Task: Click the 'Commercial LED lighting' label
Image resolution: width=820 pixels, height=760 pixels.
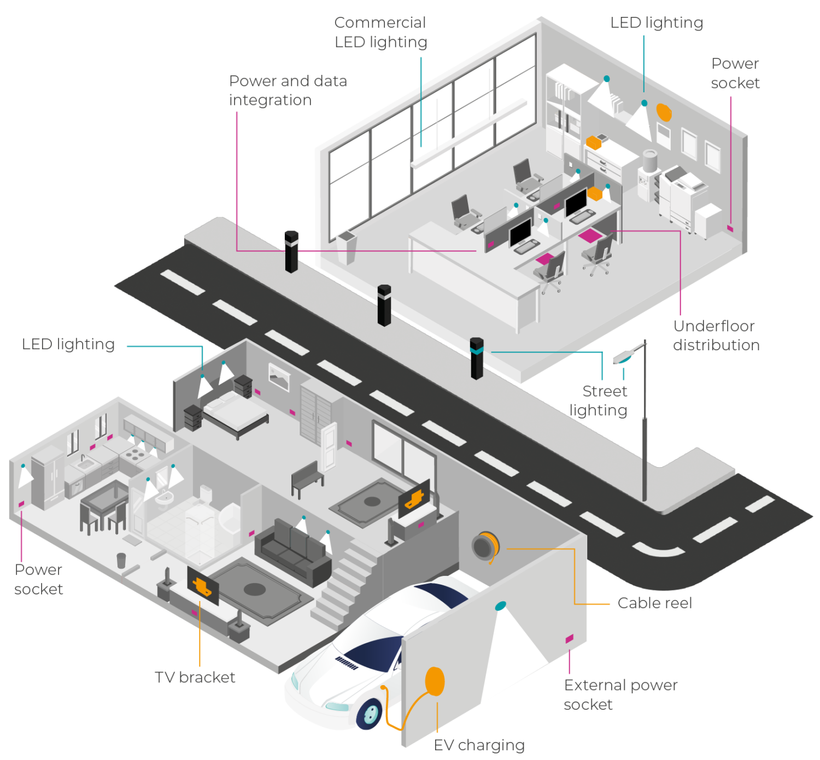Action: (380, 32)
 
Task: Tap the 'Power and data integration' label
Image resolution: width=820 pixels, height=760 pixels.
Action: (288, 90)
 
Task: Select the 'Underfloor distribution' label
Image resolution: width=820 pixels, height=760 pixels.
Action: (716, 335)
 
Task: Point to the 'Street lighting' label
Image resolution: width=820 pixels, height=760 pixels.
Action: (599, 400)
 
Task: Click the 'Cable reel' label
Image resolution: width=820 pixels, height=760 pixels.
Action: (654, 603)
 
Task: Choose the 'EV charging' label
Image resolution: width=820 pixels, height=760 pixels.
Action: (479, 745)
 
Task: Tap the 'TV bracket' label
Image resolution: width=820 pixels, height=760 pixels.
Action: (195, 677)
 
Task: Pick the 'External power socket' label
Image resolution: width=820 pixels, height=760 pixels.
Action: (620, 694)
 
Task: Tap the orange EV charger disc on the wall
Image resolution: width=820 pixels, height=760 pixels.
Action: (435, 681)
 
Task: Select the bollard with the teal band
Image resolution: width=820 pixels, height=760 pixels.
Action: (477, 358)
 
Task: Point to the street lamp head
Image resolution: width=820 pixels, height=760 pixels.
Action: (623, 357)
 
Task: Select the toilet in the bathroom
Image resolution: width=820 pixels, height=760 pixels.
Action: (206, 494)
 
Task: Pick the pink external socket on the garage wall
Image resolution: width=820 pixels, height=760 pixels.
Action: (569, 638)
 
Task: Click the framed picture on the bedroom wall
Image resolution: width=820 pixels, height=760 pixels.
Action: (279, 377)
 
